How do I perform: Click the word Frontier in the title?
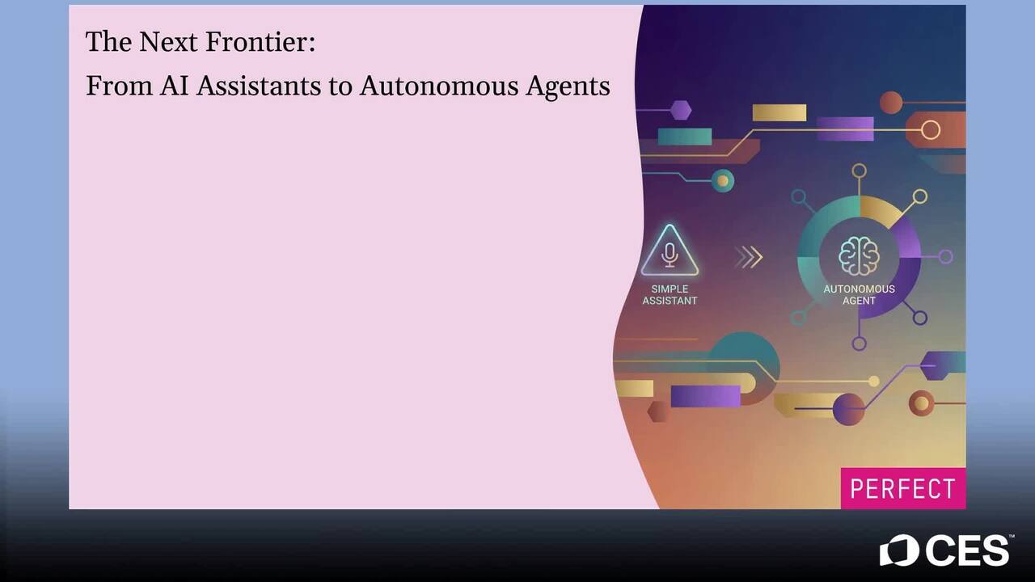pos(260,41)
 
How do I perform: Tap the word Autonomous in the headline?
pos(439,86)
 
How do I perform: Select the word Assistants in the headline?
pos(259,86)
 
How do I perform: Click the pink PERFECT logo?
pos(903,488)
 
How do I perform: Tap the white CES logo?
pos(944,550)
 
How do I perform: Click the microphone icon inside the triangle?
pos(670,255)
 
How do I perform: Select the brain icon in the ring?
pos(859,256)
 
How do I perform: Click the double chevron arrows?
pos(748,257)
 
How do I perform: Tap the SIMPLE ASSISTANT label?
pos(670,295)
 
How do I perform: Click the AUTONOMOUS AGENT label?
pos(859,295)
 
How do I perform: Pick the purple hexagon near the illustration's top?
pos(681,110)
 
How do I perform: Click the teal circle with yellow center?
pos(723,180)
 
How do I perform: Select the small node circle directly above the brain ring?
pos(859,171)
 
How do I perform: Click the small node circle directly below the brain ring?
pos(859,344)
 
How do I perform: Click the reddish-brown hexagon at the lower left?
pos(658,411)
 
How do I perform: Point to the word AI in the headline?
pos(174,86)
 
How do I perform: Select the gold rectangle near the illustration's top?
pos(779,112)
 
